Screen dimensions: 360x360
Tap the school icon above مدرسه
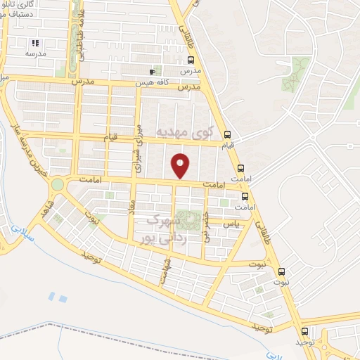coord(35,43)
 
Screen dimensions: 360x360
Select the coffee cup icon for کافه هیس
coord(152,72)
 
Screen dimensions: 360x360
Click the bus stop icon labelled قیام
coord(226,135)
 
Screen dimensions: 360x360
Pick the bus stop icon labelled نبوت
coord(282,272)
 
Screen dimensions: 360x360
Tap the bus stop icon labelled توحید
coord(304,331)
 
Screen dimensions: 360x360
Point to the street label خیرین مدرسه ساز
coord(25,150)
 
